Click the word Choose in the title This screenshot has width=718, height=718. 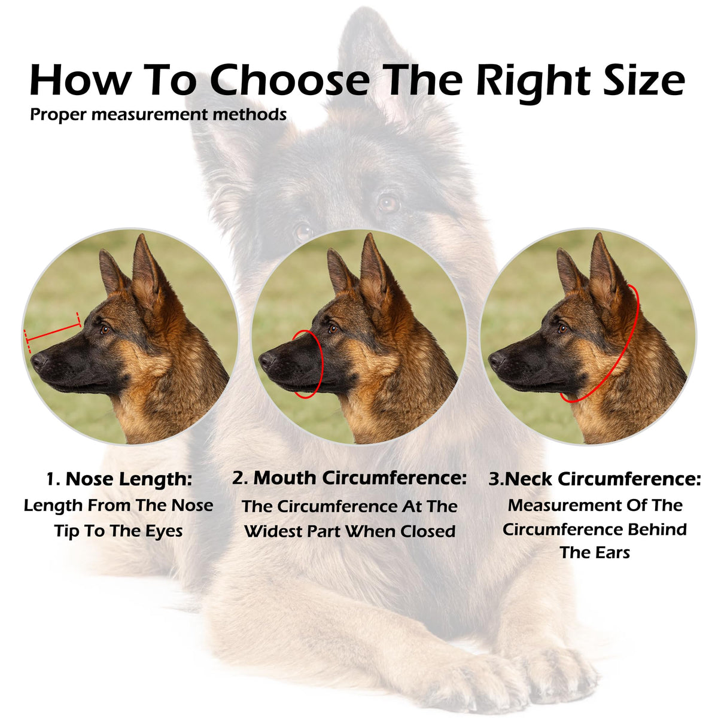pos(290,80)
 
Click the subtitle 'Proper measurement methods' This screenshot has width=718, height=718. pos(159,115)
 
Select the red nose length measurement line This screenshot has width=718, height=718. pos(53,332)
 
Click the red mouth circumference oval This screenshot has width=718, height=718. pos(323,363)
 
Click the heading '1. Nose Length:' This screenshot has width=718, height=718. pos(119,479)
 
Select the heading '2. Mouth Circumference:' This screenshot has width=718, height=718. pos(349,478)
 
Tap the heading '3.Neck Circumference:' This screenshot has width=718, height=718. pos(595,479)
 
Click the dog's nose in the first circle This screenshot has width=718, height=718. pos(38,361)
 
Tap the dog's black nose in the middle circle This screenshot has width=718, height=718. pos(267,360)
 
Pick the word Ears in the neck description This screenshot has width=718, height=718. pos(613,553)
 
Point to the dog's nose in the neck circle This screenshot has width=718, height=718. pos(496,360)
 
